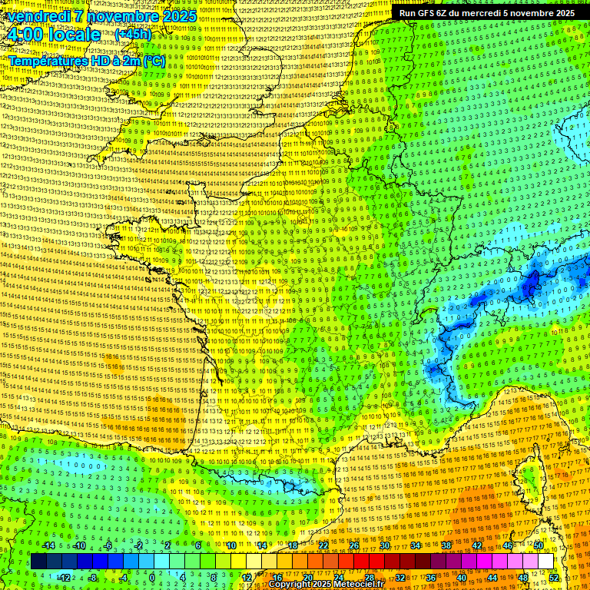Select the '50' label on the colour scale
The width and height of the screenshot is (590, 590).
pos(539,545)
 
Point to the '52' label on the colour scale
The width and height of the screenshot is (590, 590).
pos(554,578)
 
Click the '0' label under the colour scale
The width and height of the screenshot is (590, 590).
pos(152,578)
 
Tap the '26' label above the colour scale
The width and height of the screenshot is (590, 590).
pos(354,545)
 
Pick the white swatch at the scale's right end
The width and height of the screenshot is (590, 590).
pos(545,562)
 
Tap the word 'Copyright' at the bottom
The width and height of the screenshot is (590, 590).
pos(290,585)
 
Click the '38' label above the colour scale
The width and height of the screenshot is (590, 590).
pos(446,545)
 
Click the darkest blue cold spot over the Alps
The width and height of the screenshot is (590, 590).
pos(529,286)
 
